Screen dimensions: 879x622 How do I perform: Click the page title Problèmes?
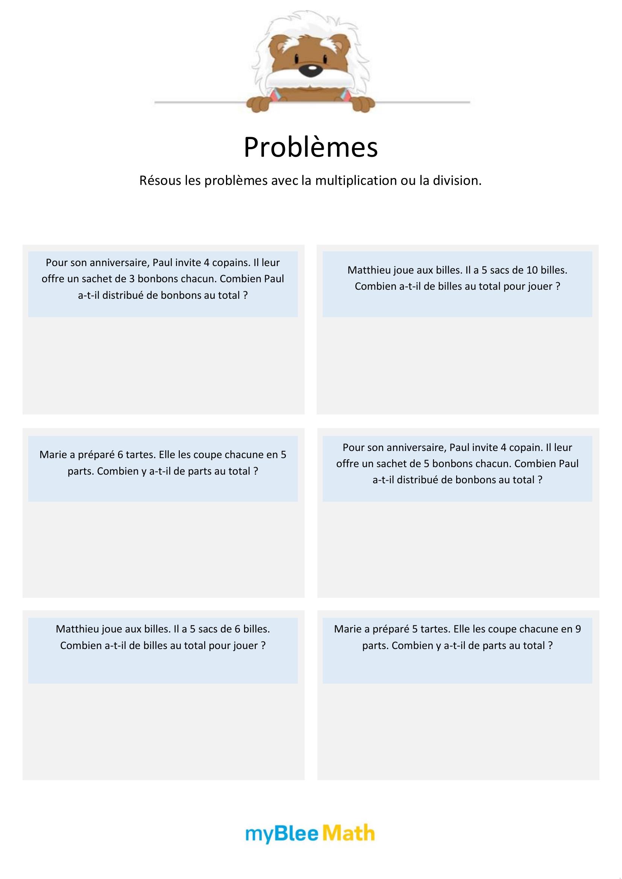coord(311,147)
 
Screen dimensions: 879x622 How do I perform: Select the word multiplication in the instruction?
coord(356,180)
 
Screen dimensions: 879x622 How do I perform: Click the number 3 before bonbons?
coord(132,279)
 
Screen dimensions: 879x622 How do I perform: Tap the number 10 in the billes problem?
coord(532,270)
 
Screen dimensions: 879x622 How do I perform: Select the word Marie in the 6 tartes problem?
coord(53,455)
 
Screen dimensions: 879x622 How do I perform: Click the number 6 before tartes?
coord(120,455)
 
